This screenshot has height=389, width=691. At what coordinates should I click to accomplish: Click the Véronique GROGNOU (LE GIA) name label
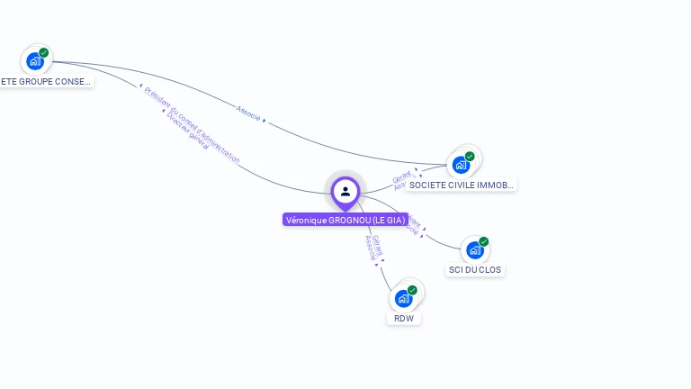pos(345,220)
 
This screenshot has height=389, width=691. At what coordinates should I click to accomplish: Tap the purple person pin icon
pos(345,192)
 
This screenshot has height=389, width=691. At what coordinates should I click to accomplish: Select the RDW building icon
pos(403,298)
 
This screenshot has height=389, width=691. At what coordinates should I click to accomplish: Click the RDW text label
pos(403,318)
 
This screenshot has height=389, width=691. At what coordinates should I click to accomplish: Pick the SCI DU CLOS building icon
pos(473,250)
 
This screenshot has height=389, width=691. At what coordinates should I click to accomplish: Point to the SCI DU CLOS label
pos(475,270)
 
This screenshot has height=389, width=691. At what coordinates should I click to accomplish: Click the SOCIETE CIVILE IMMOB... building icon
pos(461,165)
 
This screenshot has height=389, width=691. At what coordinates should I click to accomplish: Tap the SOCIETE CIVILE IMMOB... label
pos(461,185)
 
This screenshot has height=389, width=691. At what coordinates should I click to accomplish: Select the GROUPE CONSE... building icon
pos(35,61)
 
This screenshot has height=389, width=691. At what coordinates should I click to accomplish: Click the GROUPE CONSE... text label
pos(45,81)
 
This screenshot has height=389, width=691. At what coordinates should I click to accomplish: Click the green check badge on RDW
pos(412,290)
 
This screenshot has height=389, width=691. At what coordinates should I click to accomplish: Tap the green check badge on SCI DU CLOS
pos(483,242)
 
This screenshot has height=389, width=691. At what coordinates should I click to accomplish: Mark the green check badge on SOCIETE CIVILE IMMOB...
pos(470,156)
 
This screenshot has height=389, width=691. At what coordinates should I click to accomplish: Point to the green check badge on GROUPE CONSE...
pos(44,52)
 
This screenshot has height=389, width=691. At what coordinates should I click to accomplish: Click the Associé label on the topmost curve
pos(248,113)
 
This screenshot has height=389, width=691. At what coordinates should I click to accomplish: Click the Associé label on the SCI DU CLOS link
pos(410,229)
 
